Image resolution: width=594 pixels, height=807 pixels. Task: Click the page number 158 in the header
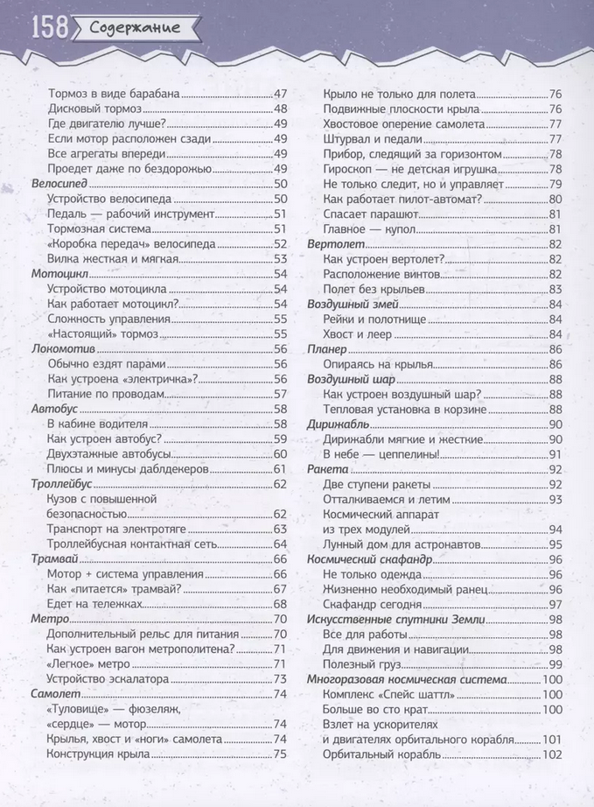(x=49, y=28)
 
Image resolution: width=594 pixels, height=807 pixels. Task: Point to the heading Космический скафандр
(x=370, y=559)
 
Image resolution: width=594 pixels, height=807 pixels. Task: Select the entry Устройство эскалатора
(x=108, y=678)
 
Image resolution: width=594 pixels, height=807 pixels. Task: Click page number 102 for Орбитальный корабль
(x=552, y=754)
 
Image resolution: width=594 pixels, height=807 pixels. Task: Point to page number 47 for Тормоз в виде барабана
(x=280, y=95)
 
